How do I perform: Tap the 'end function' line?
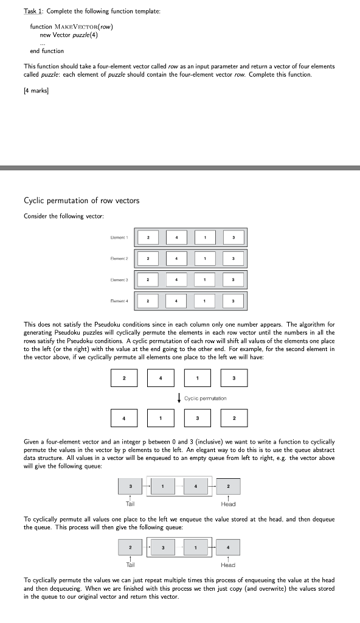[x=47, y=51]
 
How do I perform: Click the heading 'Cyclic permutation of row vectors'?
[x=81, y=201]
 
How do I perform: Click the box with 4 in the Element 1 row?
[x=176, y=237]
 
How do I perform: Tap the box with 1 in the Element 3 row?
[x=205, y=279]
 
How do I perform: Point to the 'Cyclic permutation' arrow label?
[x=205, y=399]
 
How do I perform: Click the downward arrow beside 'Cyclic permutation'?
[x=179, y=399]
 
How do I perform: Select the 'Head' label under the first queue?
[x=228, y=504]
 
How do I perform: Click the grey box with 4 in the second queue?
[x=228, y=546]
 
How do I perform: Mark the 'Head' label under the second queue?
[x=228, y=565]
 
